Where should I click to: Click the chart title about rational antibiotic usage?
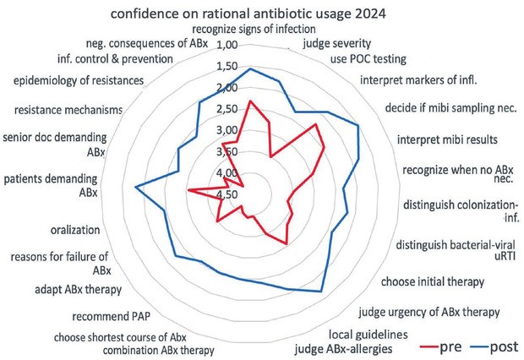coord(261,14)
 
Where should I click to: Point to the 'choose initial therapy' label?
coord(432,281)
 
